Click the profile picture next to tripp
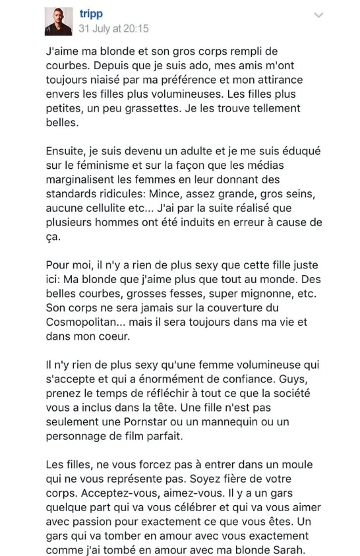[x=59, y=22]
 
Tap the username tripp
[x=90, y=14]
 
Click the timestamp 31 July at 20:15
[x=113, y=28]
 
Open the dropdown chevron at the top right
[x=319, y=15]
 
